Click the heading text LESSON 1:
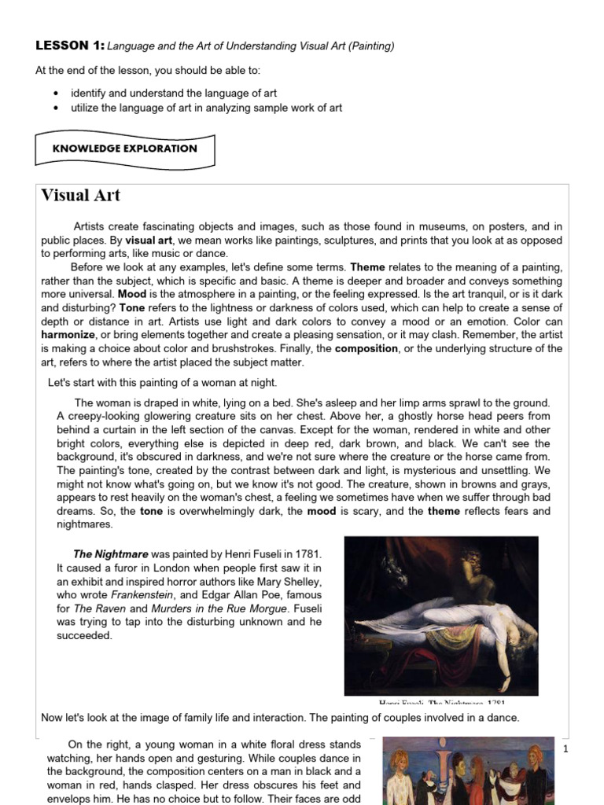[69, 46]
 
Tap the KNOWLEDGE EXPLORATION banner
[124, 149]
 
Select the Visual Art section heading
[80, 196]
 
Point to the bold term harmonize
[68, 335]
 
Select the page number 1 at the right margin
[565, 750]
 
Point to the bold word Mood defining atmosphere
[132, 294]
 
